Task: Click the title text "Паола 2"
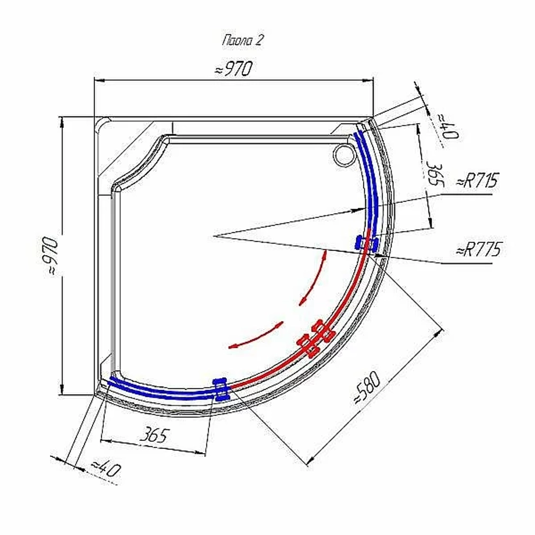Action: pos(242,40)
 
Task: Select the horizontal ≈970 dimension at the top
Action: pos(234,68)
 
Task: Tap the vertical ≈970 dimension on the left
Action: pos(51,256)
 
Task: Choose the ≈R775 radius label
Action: pos(478,249)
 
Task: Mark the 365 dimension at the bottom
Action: pos(154,435)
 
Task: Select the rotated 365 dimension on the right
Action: pos(435,175)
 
